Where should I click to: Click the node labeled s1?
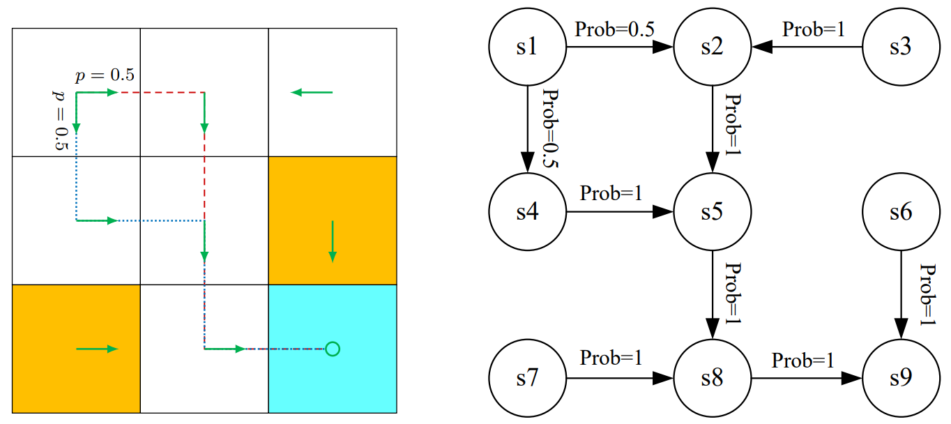[527, 48]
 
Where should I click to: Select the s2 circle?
[712, 48]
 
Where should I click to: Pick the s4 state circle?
[527, 212]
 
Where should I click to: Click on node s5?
[712, 212]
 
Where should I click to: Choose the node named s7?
[527, 379]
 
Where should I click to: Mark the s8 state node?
[712, 379]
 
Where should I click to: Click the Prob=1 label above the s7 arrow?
[611, 358]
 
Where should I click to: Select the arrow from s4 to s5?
[619, 212]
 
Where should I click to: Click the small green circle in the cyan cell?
[333, 348]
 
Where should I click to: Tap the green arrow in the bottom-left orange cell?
[98, 349]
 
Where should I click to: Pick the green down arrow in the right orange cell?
[333, 241]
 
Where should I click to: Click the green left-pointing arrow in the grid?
[312, 92]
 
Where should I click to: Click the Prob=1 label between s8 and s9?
[802, 361]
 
